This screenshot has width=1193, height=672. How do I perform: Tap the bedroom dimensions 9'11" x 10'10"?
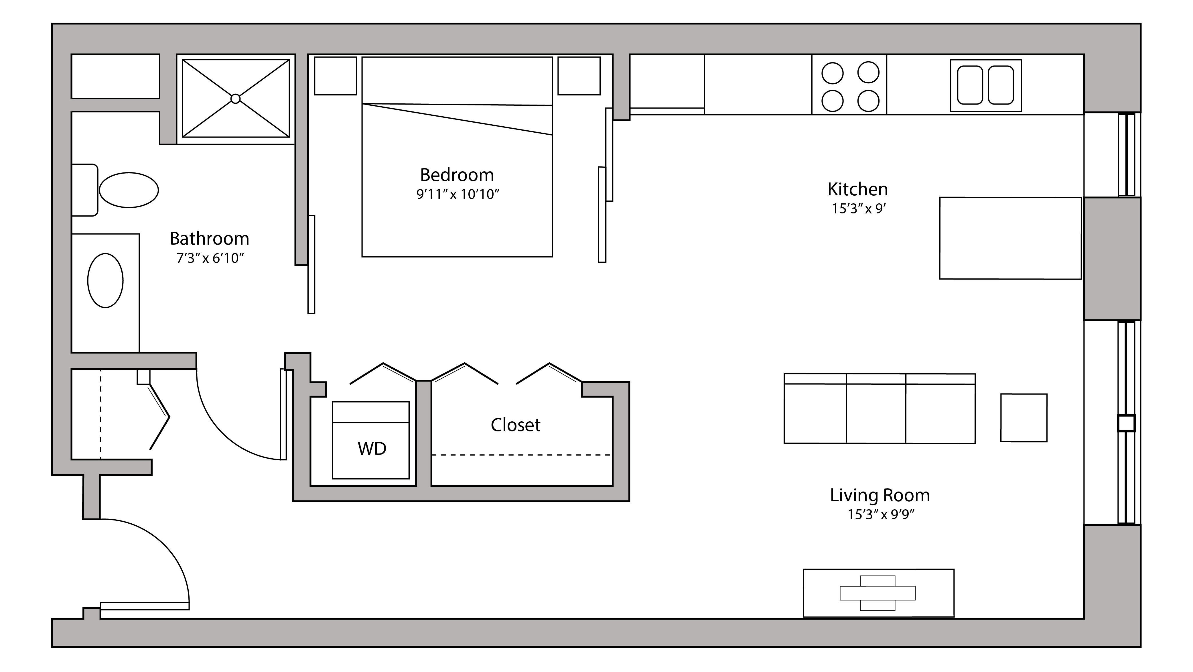click(458, 194)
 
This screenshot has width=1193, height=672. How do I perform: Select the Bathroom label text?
click(209, 239)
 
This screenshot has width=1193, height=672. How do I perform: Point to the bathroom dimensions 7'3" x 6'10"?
click(210, 258)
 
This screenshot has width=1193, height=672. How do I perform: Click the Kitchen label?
click(857, 190)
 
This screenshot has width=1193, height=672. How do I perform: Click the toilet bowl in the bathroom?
click(129, 190)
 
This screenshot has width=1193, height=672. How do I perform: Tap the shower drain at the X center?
click(235, 98)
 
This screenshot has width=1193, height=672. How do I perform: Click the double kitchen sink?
click(985, 85)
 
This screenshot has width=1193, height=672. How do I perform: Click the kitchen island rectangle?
click(1010, 238)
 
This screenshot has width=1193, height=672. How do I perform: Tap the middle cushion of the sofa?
click(876, 412)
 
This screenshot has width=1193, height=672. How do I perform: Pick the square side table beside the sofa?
click(1024, 418)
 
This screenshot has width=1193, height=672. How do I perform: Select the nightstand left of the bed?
click(335, 76)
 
